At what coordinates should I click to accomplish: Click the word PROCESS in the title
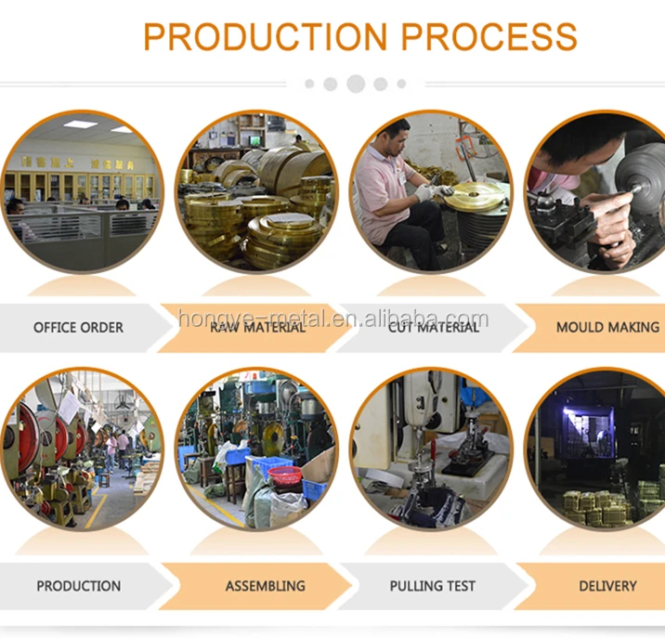489,37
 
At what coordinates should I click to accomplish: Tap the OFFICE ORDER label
78,328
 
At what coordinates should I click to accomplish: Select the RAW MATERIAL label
257,327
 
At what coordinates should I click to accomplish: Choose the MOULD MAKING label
607,327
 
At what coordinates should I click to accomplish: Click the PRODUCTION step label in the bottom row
78,586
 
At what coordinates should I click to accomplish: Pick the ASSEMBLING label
265,586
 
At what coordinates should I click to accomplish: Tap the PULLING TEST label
433,586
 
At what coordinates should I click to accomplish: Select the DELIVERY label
608,586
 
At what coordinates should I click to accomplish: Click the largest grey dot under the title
355,85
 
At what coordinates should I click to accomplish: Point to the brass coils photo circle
255,190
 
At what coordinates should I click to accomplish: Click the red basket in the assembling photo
284,475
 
